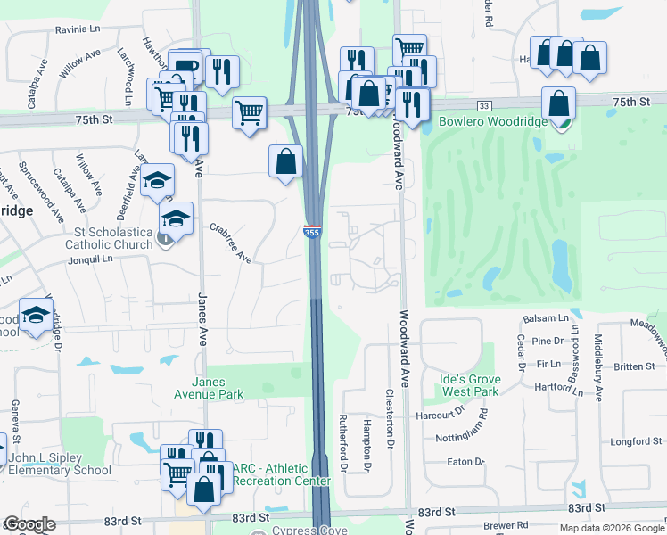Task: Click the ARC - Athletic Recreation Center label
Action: [x=282, y=475]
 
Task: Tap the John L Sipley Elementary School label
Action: [x=59, y=465]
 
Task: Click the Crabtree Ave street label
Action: [x=231, y=243]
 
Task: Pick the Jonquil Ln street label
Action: [x=93, y=259]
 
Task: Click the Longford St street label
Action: [x=632, y=441]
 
